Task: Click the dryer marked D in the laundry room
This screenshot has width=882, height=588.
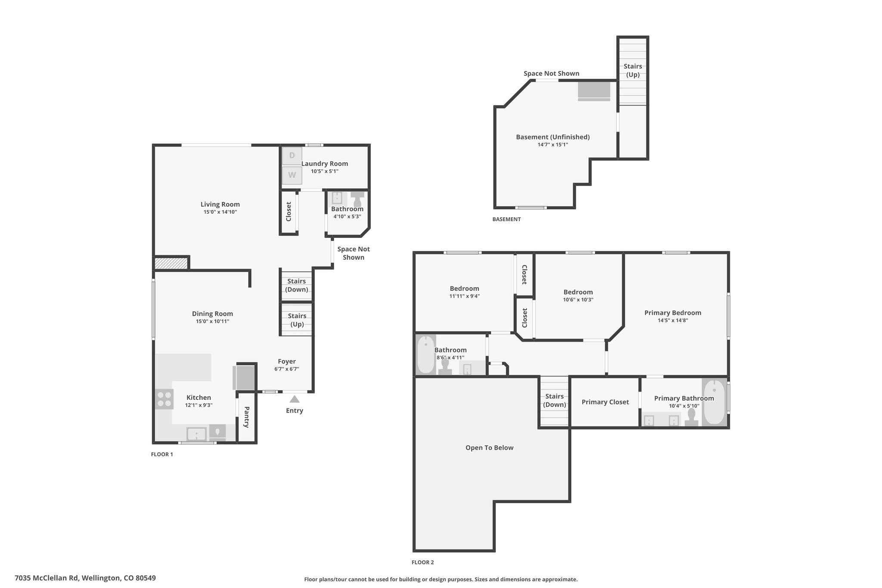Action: (x=292, y=156)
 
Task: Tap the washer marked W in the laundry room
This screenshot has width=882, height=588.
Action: (x=292, y=175)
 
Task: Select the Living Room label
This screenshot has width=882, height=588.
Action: (x=220, y=204)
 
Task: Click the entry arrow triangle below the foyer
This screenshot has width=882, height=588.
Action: (x=295, y=399)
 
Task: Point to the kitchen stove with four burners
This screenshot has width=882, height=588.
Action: (x=164, y=399)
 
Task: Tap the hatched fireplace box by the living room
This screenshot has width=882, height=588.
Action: (x=171, y=263)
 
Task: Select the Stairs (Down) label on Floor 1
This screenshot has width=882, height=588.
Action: (x=297, y=285)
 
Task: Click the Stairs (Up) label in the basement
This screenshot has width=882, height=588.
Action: (x=633, y=70)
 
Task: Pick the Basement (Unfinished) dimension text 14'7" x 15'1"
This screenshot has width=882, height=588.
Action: (x=553, y=145)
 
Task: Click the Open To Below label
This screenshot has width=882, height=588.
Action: (x=489, y=448)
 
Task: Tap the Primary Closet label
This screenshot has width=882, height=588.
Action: (x=605, y=402)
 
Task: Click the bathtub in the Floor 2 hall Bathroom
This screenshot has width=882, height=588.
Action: (x=426, y=355)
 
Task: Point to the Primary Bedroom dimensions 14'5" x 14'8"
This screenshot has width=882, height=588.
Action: (x=673, y=320)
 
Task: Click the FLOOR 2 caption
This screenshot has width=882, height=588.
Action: (x=422, y=562)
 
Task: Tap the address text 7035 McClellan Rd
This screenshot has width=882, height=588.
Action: (x=47, y=578)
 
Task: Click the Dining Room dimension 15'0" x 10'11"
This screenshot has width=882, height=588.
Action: (x=212, y=321)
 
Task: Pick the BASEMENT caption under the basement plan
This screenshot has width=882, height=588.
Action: (x=506, y=219)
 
